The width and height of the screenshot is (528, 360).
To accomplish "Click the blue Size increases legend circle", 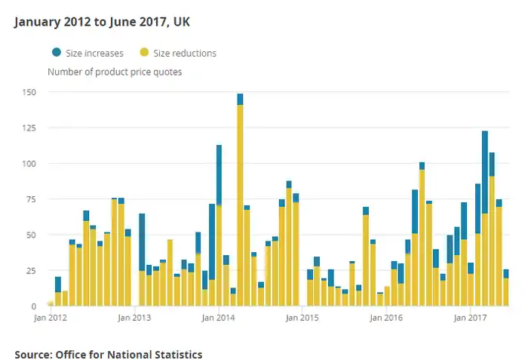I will click(x=57, y=52).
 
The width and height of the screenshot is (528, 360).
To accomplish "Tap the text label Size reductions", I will click(x=185, y=53).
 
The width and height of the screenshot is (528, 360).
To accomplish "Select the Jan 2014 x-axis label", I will click(x=219, y=318).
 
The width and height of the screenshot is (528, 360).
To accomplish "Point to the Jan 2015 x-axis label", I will click(x=302, y=318).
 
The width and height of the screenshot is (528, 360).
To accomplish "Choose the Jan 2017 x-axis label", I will click(x=471, y=318).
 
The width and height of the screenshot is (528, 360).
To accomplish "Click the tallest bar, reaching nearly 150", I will click(x=240, y=204).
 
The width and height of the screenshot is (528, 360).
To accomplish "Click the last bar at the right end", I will click(x=505, y=291).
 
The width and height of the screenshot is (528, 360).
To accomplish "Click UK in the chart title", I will click(x=181, y=21).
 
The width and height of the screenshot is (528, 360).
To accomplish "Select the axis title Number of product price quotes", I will click(x=115, y=72).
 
